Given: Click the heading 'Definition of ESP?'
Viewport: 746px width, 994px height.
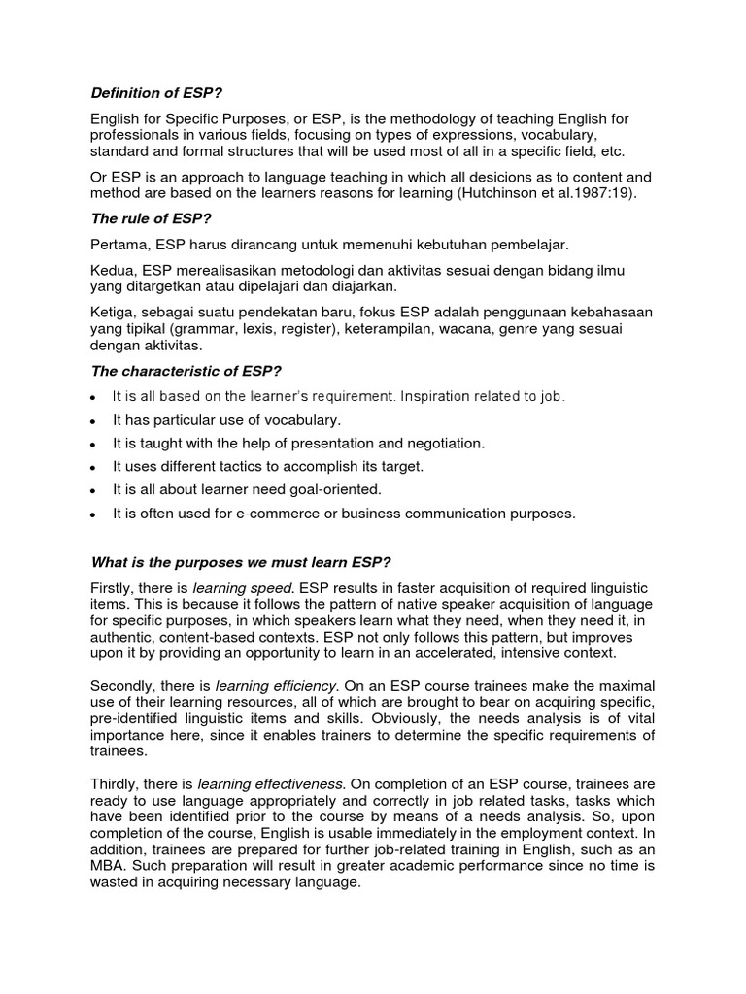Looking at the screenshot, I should (x=156, y=93).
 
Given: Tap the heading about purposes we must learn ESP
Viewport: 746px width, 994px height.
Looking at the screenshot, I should (x=241, y=562).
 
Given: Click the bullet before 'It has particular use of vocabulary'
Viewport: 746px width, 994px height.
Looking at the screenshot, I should (x=91, y=420).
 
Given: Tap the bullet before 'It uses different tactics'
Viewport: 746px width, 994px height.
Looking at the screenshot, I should (x=91, y=467).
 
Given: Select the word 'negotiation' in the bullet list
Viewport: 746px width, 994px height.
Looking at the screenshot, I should (x=443, y=443).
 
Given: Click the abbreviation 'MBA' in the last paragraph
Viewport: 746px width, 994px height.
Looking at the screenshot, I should (x=107, y=866).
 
